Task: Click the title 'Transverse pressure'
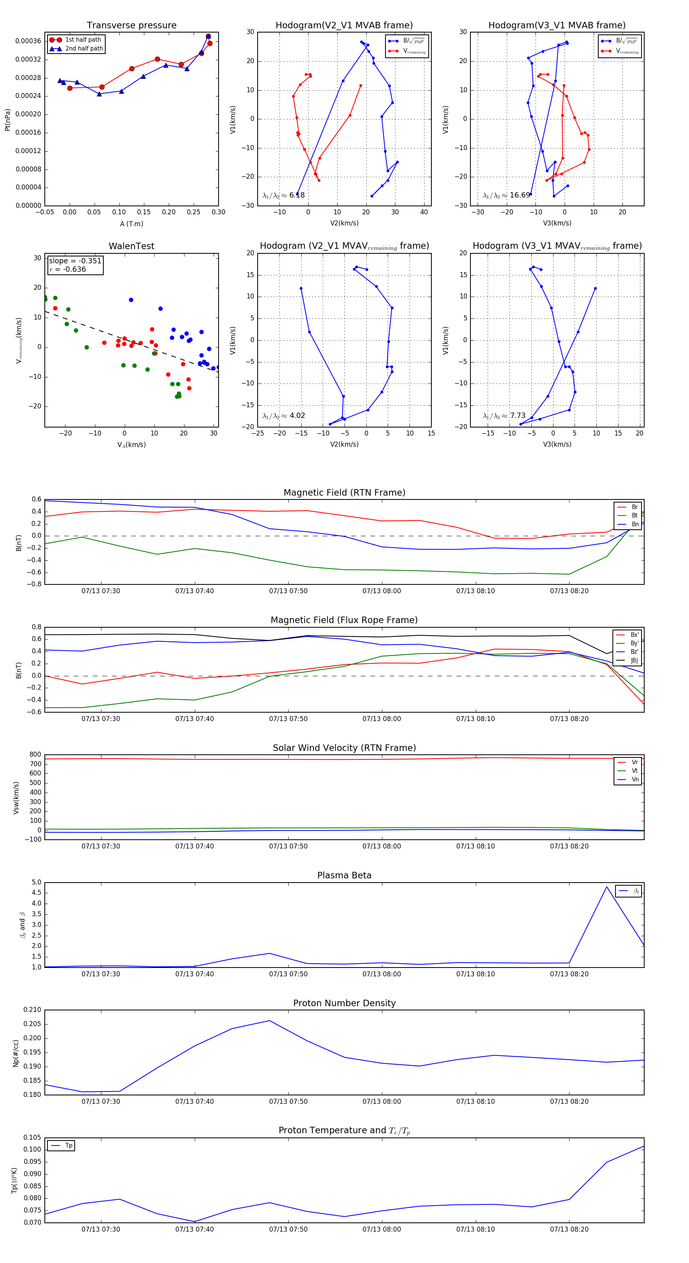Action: pyautogui.click(x=131, y=26)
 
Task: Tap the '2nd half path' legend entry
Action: pyautogui.click(x=84, y=49)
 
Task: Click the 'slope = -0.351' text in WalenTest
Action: pyautogui.click(x=75, y=261)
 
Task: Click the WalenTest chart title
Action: pyautogui.click(x=131, y=246)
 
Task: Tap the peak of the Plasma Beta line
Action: pyautogui.click(x=607, y=886)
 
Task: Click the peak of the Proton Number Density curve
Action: pyautogui.click(x=269, y=1021)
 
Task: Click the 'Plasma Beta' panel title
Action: pyautogui.click(x=344, y=875)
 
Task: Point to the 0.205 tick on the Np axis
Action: pyautogui.click(x=33, y=1024)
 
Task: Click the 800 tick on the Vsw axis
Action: pyautogui.click(x=35, y=755)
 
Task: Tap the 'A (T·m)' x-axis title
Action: pyautogui.click(x=131, y=224)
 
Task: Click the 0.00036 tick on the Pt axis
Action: pyautogui.click(x=28, y=41)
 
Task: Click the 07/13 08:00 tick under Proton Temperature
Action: pyautogui.click(x=382, y=1229)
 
